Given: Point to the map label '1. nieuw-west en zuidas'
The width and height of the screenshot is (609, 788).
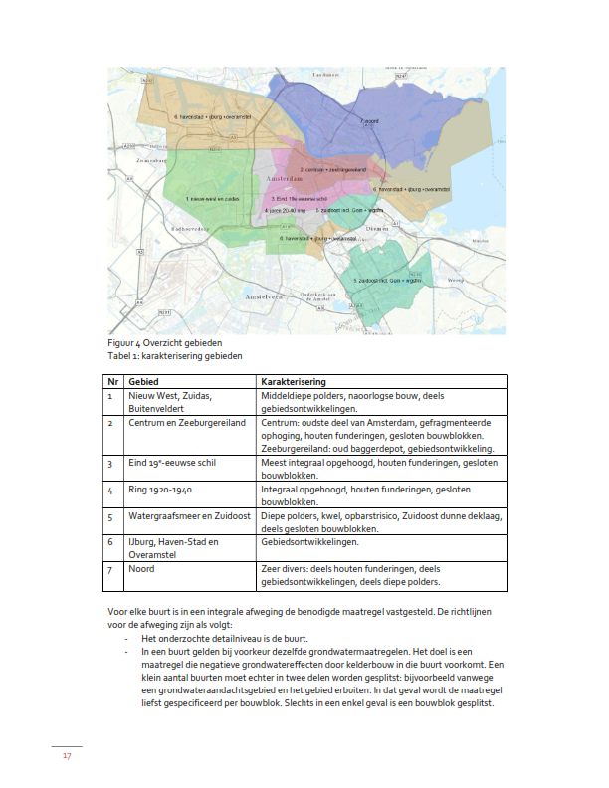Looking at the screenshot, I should click(213, 199).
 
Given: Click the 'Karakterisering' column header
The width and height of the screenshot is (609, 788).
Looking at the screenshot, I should click(294, 382).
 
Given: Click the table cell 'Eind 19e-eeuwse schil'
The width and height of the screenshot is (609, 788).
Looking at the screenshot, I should click(172, 464).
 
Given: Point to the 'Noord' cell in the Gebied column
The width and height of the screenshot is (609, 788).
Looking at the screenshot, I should click(141, 570).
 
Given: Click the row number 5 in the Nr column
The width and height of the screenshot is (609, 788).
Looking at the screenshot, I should click(111, 517).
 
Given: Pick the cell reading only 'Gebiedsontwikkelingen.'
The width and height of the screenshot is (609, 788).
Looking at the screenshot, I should click(308, 543).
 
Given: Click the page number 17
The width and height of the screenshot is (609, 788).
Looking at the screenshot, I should click(67, 756).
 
